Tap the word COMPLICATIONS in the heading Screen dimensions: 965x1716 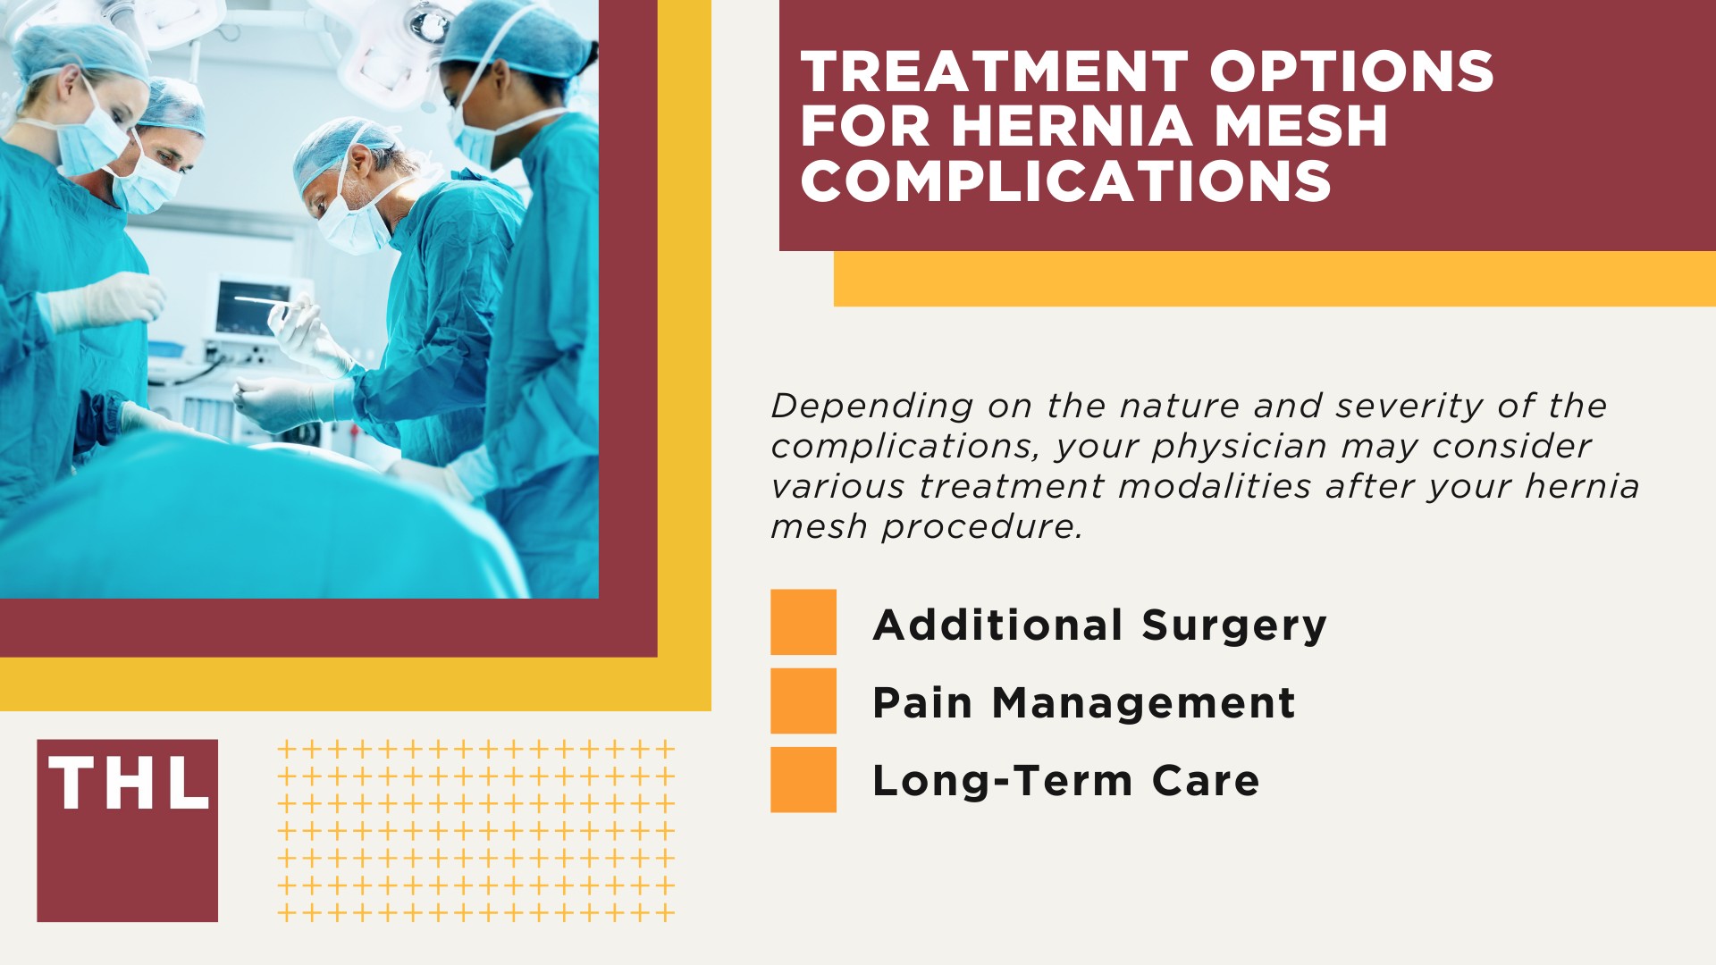pos(1065,181)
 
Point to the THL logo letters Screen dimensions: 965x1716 pos(129,785)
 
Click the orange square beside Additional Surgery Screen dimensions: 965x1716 pos(803,622)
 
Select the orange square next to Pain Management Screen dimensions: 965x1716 pos(803,701)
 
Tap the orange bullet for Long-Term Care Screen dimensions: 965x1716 pos(803,779)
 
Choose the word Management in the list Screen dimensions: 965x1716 pos(1144,703)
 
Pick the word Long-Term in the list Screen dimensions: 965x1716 pos(1002,781)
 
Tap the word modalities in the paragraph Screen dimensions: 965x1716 pos(1215,487)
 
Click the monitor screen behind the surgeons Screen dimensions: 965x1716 pos(254,306)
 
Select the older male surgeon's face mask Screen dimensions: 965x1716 pos(353,223)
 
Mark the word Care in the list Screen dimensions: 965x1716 pos(1206,781)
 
